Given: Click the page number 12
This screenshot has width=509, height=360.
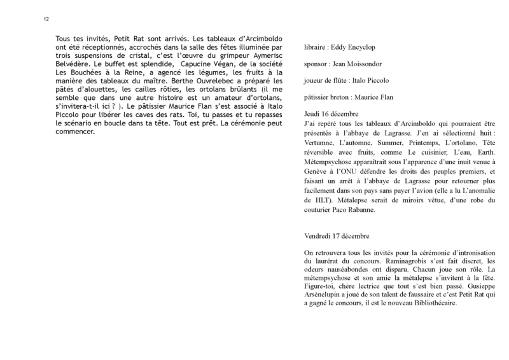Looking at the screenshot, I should tap(46, 19).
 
